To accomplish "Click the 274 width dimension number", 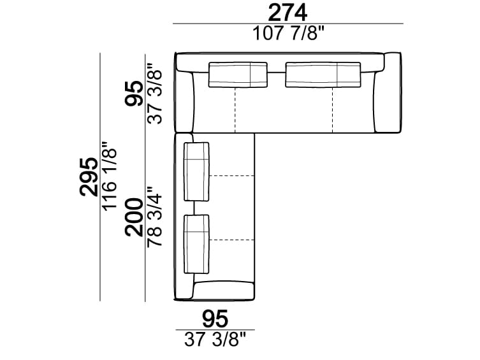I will (288, 12).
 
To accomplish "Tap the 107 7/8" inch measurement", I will (288, 34).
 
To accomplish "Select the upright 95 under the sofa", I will (215, 317).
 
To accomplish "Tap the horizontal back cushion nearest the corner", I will (237, 74).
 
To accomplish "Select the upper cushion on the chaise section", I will (196, 172).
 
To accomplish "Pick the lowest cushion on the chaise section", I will (196, 245).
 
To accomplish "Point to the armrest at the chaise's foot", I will (223, 291).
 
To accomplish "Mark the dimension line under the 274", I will (288, 24).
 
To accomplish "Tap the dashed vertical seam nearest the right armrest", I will (332, 110).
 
